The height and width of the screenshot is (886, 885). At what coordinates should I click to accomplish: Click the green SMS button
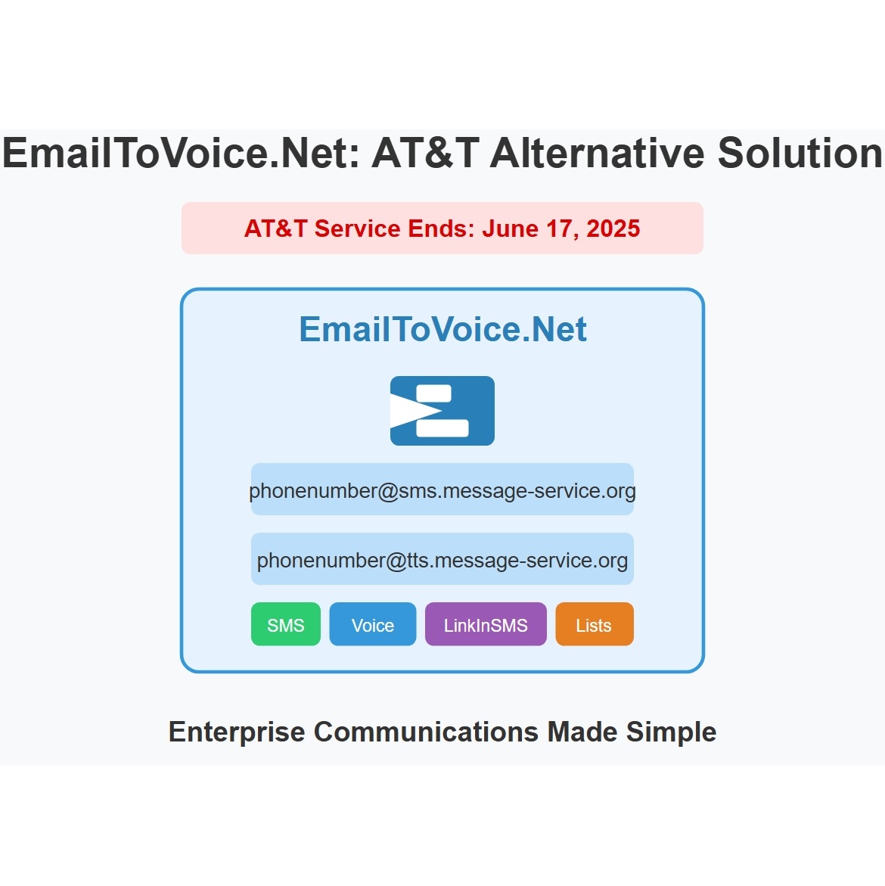click(286, 623)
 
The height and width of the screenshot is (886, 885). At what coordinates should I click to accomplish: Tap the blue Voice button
click(373, 623)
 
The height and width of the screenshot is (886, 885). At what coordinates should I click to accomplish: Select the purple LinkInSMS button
click(486, 623)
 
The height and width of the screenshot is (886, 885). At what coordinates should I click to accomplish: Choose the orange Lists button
click(594, 623)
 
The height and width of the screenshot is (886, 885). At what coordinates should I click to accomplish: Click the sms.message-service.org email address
click(442, 490)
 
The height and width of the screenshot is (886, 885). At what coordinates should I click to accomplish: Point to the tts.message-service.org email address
click(442, 560)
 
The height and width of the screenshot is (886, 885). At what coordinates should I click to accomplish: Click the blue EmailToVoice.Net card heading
click(442, 329)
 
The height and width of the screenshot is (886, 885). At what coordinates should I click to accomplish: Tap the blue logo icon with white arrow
click(442, 411)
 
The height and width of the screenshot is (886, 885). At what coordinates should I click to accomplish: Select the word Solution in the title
click(800, 153)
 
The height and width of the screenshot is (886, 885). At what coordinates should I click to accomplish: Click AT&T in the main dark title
click(426, 153)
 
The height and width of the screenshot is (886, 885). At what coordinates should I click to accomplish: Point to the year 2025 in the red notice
click(613, 228)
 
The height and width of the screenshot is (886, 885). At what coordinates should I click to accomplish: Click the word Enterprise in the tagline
click(237, 732)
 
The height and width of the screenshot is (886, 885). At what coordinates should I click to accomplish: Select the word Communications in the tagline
click(426, 732)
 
